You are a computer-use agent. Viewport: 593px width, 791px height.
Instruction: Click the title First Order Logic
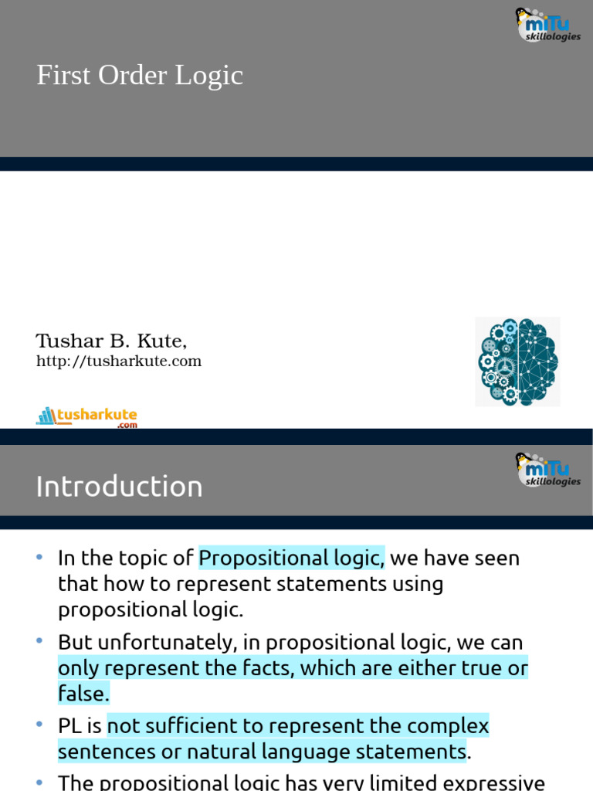click(140, 76)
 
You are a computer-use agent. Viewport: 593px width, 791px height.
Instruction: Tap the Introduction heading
click(119, 487)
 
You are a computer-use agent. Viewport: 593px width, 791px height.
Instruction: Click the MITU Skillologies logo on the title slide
click(547, 25)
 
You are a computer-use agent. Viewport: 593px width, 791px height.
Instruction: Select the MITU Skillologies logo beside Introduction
click(547, 470)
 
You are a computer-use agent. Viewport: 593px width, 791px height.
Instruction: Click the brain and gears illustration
click(517, 362)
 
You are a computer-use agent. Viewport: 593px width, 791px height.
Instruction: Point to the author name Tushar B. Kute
click(111, 341)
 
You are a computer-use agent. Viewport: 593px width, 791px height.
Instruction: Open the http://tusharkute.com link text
click(119, 362)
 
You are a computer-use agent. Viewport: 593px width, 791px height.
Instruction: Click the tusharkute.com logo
click(86, 417)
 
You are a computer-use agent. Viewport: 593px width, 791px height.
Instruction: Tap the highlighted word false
click(83, 694)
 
